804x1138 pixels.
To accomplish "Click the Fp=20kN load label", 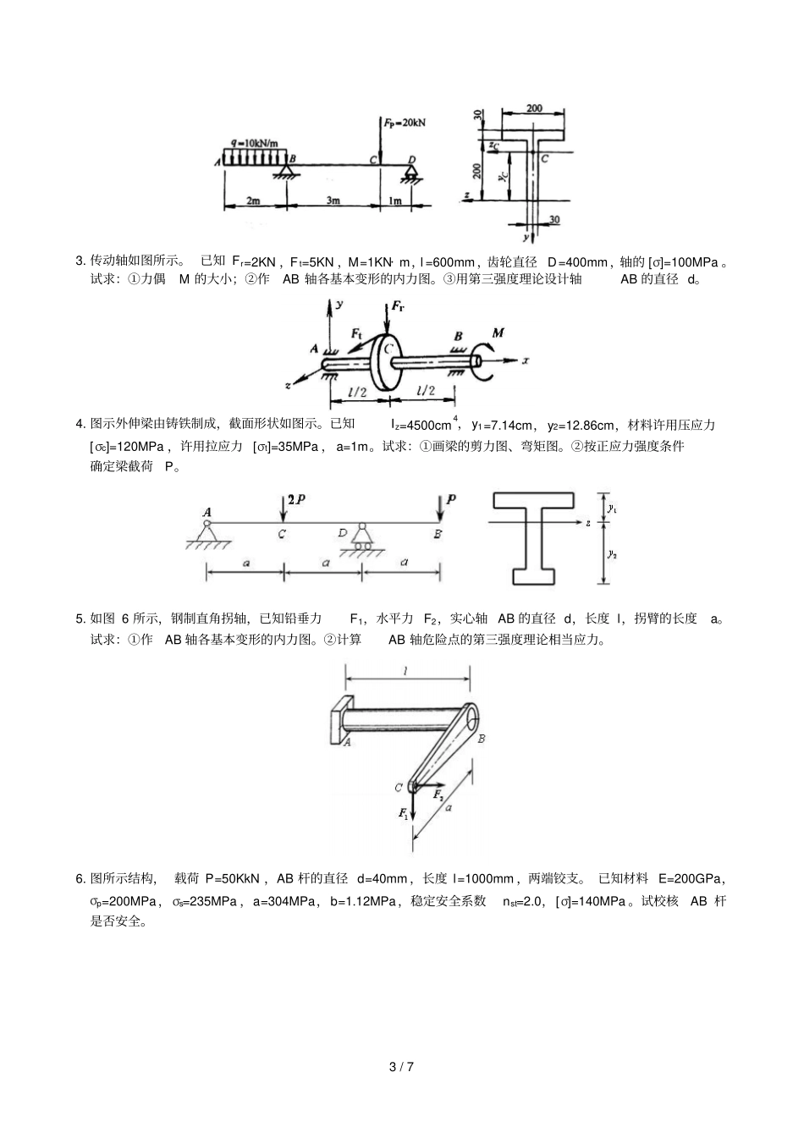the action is coord(404,122).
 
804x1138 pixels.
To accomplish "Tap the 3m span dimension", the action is coord(333,201).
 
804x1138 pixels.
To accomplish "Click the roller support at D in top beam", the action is coord(412,173).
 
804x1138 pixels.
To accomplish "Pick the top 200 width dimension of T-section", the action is coord(534,108).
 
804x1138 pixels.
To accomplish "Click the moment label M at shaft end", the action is coord(498,333).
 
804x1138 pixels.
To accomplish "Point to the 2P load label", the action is coord(295,500).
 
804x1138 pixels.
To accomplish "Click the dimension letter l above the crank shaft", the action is coord(406,671).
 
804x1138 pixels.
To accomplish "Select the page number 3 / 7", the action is coord(401,1066).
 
